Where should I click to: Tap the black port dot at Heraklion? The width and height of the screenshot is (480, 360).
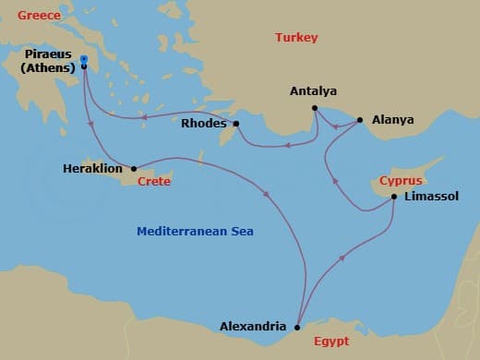point(135,169)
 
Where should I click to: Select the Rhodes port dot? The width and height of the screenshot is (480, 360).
point(236,124)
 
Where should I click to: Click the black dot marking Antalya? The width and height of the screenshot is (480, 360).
point(315,108)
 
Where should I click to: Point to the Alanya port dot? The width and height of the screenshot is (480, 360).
point(359,120)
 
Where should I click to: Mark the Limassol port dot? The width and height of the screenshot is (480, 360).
point(394,197)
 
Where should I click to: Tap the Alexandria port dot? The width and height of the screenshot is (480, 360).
point(296,327)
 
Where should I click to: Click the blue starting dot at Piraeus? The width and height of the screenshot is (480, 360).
point(84,59)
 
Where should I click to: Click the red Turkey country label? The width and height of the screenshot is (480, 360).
point(296,38)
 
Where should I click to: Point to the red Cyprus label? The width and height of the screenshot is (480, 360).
point(401,180)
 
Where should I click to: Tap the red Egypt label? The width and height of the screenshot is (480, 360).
point(331,342)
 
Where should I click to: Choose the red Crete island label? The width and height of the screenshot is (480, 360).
point(154,182)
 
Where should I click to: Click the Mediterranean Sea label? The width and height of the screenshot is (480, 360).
point(195,232)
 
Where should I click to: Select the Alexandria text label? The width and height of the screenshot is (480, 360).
point(252,326)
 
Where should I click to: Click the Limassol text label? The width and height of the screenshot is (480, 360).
point(431,197)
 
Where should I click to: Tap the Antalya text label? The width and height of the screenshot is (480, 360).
point(313,91)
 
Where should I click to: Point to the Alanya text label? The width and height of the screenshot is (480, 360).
point(392,120)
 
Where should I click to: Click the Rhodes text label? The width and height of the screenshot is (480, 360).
point(203,124)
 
